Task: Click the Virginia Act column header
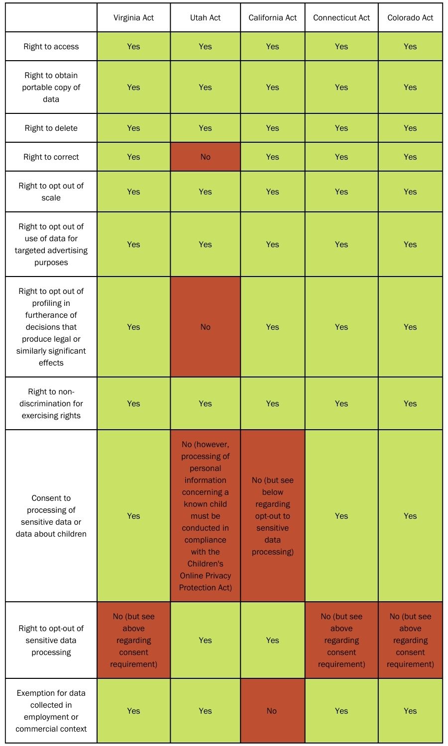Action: [133, 17]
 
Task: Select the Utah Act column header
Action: [205, 17]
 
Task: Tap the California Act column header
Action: [272, 17]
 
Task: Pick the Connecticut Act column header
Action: [341, 17]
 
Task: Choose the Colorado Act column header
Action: [410, 17]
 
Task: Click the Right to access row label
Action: [51, 47]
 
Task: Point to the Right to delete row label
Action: [51, 128]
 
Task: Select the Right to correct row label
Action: [51, 157]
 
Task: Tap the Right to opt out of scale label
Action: [51, 191]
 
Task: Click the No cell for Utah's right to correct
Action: [205, 157]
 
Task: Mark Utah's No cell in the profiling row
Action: [205, 327]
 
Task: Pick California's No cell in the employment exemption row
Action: [272, 711]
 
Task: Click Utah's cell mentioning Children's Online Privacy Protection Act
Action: [205, 516]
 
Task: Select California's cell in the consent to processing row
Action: [272, 516]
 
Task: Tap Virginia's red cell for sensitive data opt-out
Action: [133, 640]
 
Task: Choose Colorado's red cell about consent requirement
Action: [410, 640]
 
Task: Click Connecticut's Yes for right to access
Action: [341, 47]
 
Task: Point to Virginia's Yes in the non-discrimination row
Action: [133, 404]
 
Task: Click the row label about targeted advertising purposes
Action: [51, 245]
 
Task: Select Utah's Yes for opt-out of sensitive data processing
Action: [205, 640]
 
